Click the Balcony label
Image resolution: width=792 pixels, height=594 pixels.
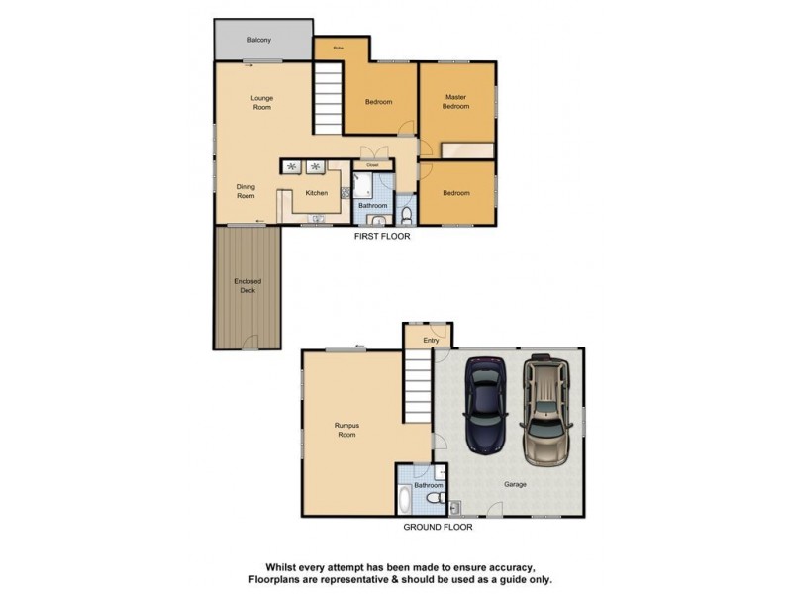(259, 40)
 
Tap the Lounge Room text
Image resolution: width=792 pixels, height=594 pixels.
(261, 102)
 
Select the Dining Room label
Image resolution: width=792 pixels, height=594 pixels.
(246, 191)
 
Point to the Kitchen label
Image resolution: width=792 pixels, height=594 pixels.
(317, 193)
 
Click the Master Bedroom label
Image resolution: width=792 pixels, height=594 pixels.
(455, 101)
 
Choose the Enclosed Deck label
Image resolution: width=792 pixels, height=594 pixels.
(247, 286)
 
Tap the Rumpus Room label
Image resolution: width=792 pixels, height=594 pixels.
(346, 431)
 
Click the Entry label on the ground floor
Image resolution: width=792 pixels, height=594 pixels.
(431, 341)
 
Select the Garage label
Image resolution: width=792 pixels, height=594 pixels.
(515, 485)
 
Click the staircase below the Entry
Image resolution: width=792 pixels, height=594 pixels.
(417, 391)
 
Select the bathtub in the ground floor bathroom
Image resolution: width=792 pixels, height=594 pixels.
(408, 498)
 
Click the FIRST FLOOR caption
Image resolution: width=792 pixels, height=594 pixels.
(383, 237)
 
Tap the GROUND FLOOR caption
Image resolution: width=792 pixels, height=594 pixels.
(438, 528)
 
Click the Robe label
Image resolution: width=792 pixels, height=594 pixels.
(338, 47)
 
